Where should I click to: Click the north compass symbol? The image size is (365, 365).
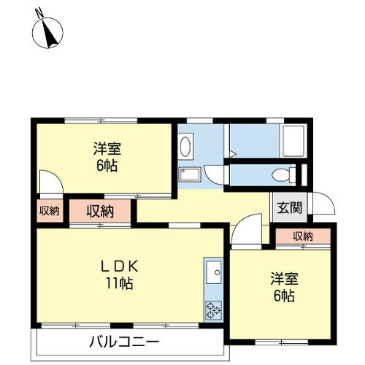(x=47, y=33)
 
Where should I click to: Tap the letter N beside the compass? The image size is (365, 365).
(x=39, y=12)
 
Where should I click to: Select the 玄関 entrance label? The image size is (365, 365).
(x=290, y=207)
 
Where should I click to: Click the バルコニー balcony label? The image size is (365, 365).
(x=124, y=342)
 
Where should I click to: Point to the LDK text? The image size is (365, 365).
(x=120, y=266)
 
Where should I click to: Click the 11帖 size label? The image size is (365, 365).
(x=119, y=283)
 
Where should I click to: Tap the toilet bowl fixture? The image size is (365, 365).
(x=283, y=175)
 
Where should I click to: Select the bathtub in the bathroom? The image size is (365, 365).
(x=293, y=141)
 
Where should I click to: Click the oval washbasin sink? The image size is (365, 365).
(x=185, y=146)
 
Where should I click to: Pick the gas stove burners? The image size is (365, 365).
(x=213, y=310)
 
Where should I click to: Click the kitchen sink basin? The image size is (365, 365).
(x=214, y=272)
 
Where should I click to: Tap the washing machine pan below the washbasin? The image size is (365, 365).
(x=190, y=174)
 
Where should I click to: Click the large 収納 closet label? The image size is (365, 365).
(x=100, y=211)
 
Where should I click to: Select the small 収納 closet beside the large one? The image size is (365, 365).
(x=50, y=211)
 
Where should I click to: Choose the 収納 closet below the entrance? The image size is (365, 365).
(x=303, y=236)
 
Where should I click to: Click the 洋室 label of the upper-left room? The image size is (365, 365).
(x=107, y=149)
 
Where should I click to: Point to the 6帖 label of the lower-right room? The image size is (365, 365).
(x=284, y=296)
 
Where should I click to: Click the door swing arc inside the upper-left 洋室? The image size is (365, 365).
(x=58, y=177)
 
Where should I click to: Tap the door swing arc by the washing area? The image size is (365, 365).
(x=210, y=180)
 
